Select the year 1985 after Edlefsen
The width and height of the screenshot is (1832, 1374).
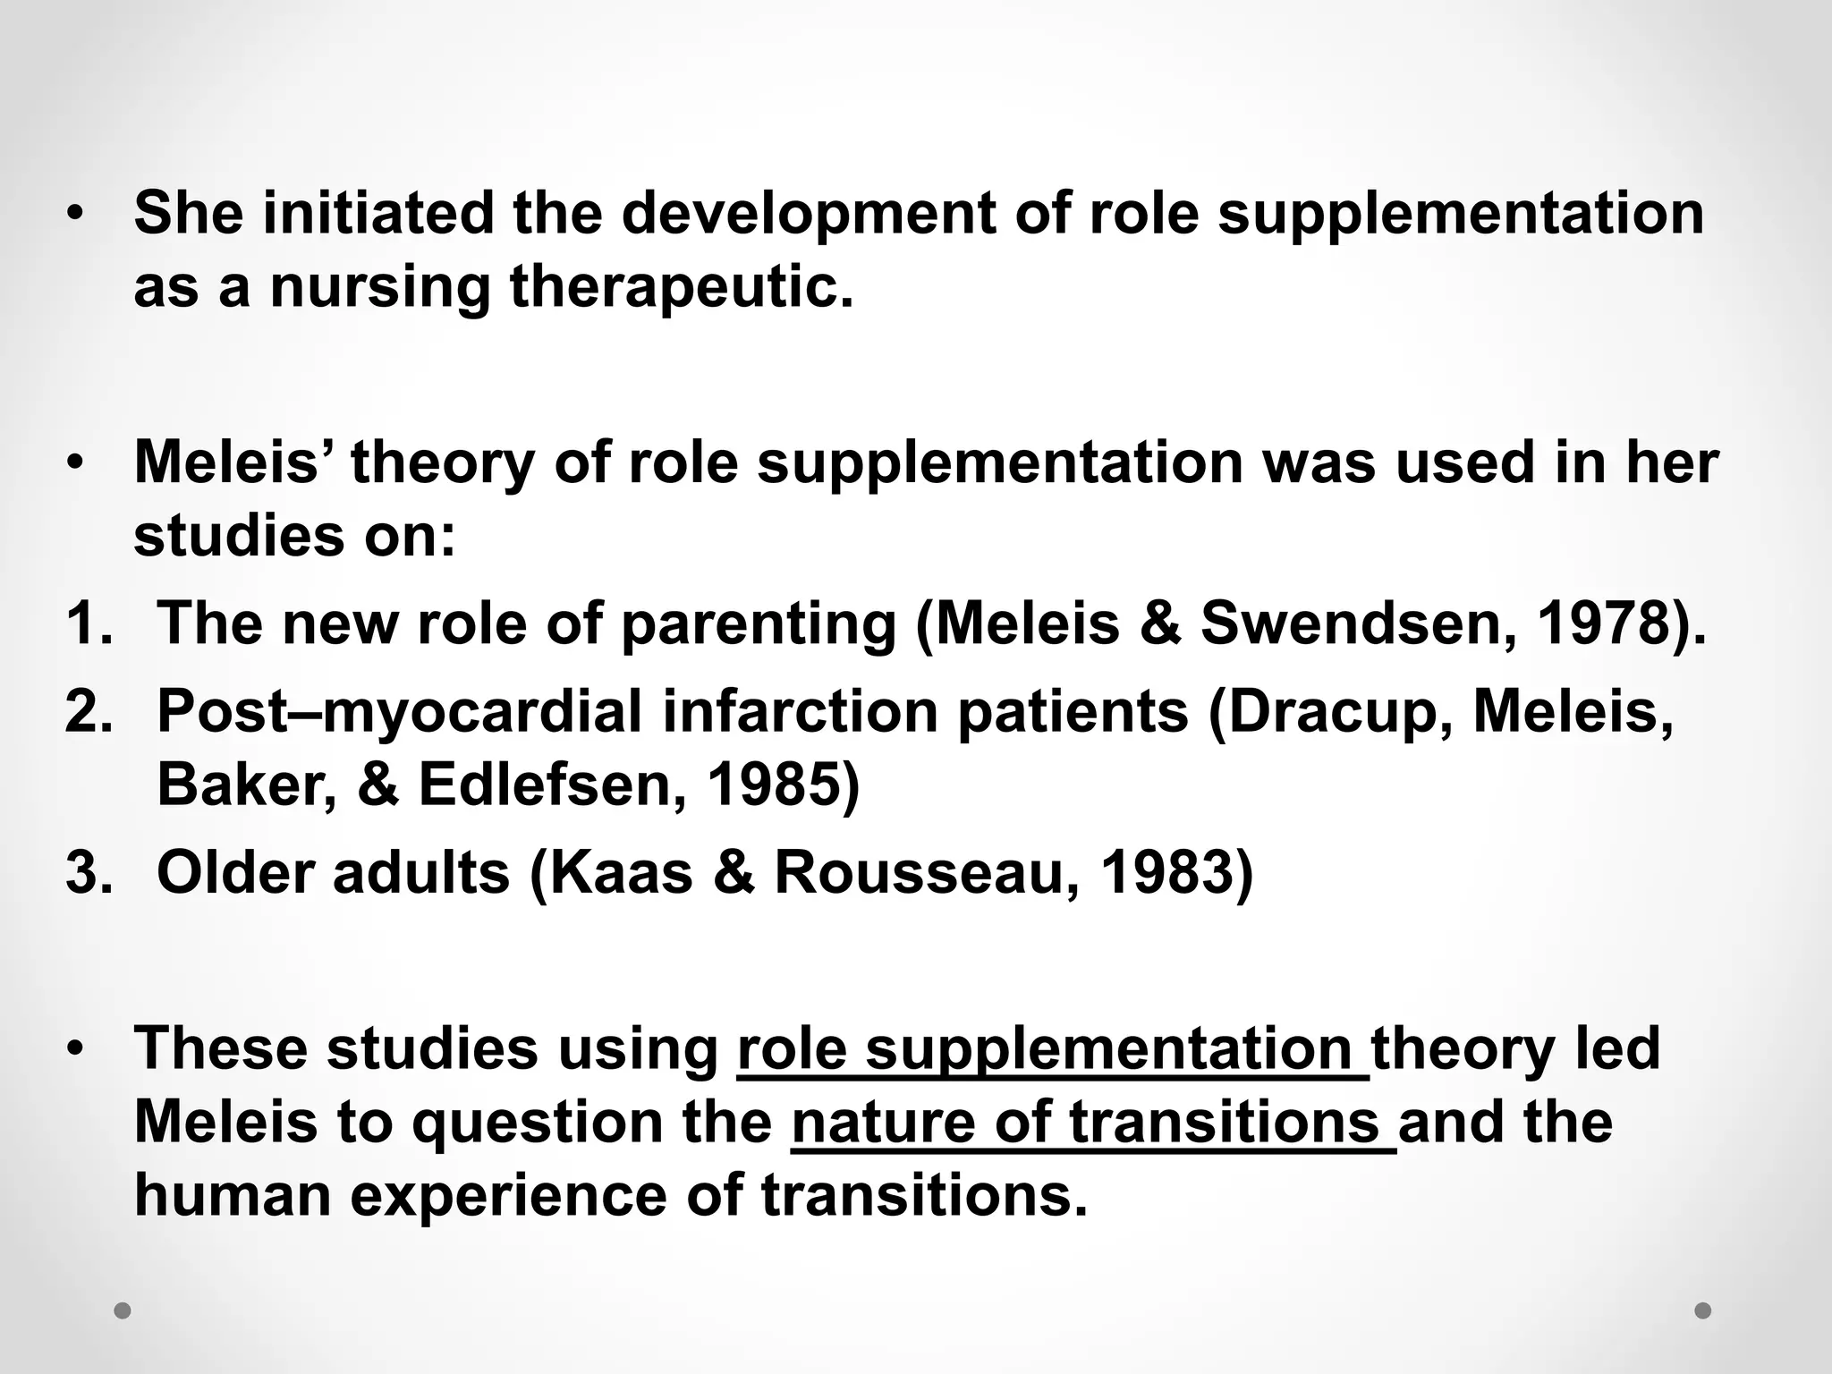pyautogui.click(x=773, y=785)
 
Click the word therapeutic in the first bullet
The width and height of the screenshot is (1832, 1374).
pyautogui.click(x=681, y=288)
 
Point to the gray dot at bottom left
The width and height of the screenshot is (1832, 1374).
pyautogui.click(x=123, y=1311)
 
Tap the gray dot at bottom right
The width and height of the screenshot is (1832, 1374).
pyautogui.click(x=1703, y=1310)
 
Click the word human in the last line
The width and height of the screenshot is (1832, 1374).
pyautogui.click(x=233, y=1196)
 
